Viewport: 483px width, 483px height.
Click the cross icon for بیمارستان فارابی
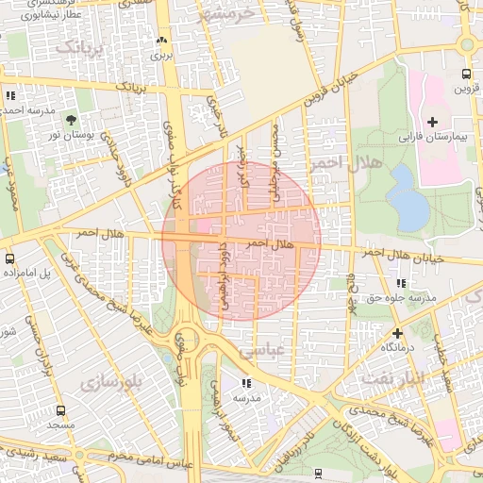432,122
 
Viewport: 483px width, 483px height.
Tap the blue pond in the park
408,197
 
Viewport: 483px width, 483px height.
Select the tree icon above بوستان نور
72,120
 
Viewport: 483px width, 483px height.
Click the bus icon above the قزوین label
466,74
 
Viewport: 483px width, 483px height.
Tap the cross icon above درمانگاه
398,333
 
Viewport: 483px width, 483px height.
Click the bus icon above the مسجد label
61,411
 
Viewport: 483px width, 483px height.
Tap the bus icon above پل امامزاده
9,258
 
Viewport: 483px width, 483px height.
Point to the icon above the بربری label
160,41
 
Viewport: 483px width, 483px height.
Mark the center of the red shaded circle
241,241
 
